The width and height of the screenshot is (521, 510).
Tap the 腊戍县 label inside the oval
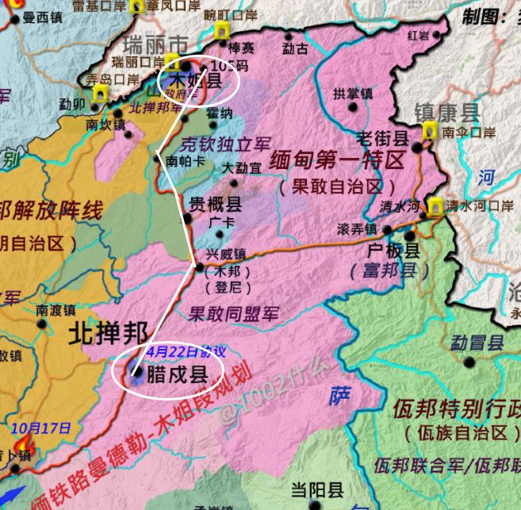point(178,374)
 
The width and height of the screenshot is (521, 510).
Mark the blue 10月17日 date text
point(40,428)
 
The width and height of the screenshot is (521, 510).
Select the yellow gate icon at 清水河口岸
point(435,207)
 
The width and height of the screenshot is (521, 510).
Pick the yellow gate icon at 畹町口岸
point(222,31)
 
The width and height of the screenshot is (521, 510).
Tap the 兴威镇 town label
point(226,255)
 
